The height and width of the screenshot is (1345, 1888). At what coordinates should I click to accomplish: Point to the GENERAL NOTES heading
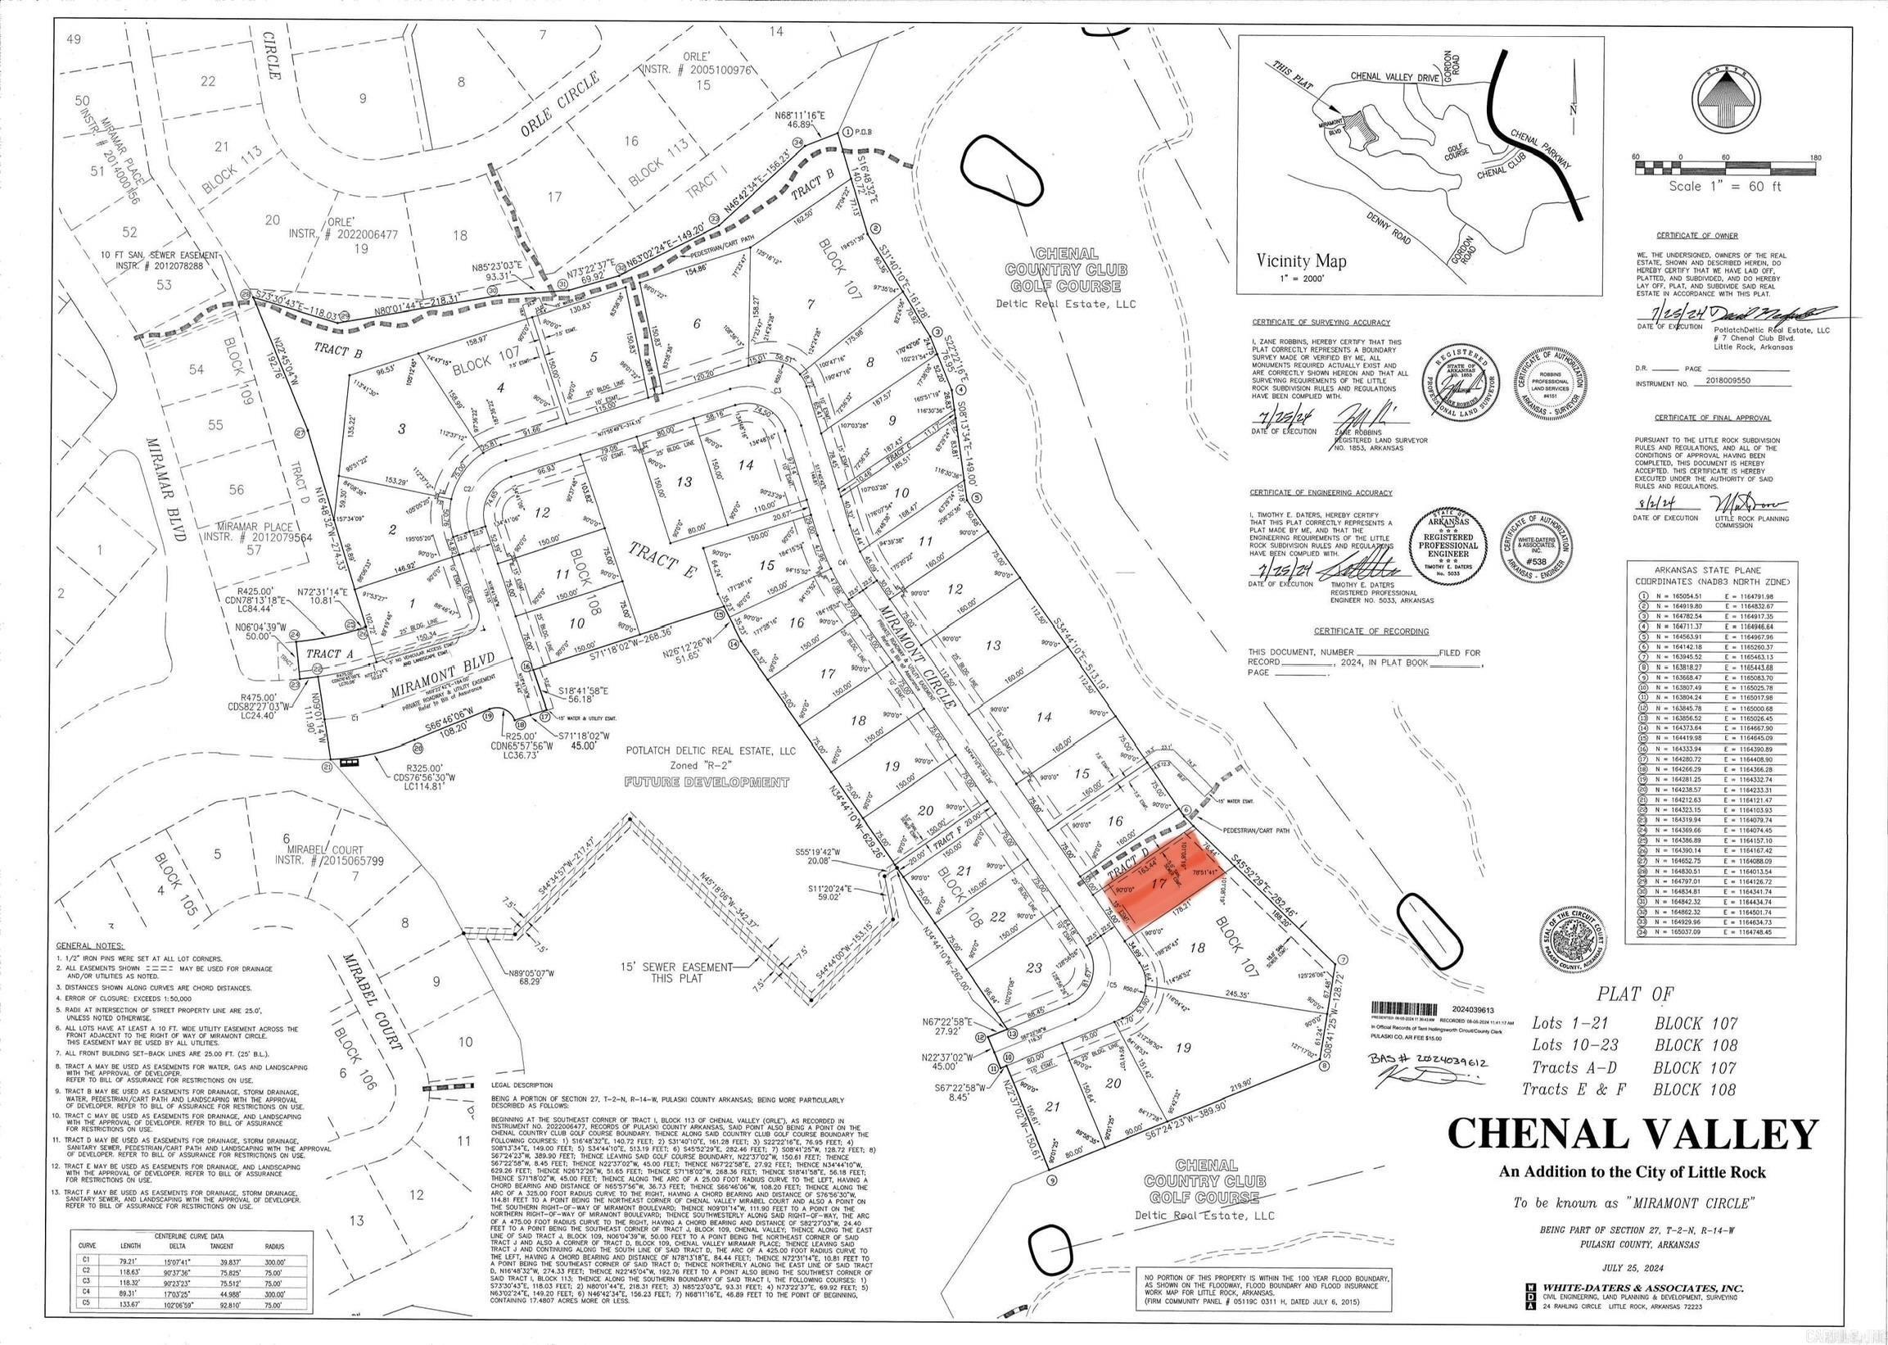point(89,946)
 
